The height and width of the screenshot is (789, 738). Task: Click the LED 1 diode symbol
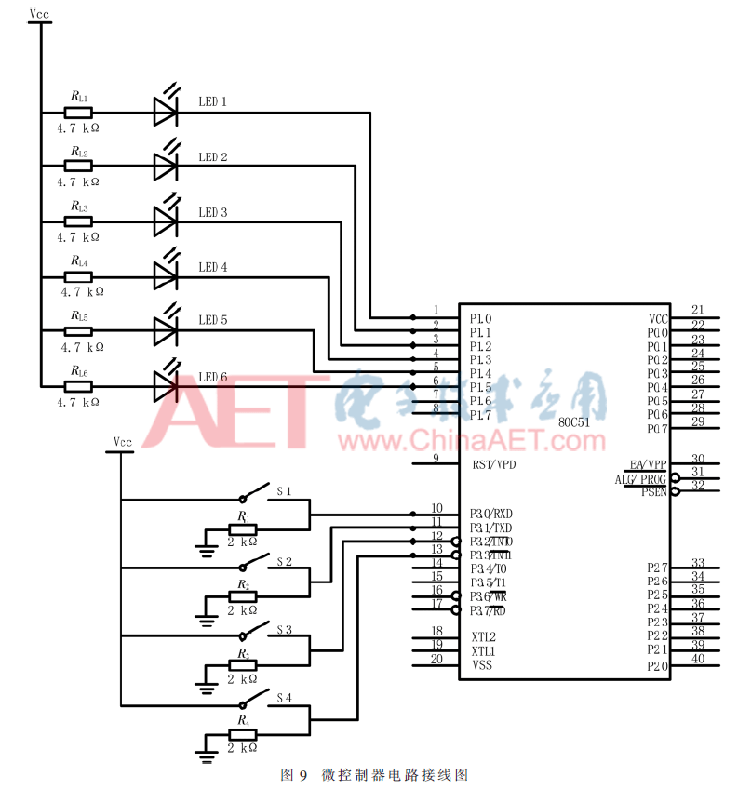point(165,114)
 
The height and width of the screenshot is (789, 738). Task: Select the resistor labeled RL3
point(78,221)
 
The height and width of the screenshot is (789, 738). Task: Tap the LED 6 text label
point(213,377)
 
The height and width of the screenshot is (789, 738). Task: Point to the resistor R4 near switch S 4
point(243,733)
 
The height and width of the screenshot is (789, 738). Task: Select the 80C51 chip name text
point(574,421)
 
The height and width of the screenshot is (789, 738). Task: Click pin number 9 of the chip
point(436,458)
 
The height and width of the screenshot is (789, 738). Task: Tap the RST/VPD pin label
point(493,464)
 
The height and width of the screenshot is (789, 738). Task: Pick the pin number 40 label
point(698,660)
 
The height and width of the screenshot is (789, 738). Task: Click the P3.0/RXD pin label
point(491,513)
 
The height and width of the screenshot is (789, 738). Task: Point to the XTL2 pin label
point(483,637)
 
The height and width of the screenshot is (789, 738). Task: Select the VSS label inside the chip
point(482,664)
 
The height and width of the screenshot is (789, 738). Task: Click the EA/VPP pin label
point(648,464)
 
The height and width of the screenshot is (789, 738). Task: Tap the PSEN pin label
point(653,491)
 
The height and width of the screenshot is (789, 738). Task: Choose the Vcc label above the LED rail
point(40,13)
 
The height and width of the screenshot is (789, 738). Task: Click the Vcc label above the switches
point(122,441)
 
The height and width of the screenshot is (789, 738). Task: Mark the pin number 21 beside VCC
point(698,310)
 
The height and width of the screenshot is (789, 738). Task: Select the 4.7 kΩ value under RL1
point(78,128)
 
